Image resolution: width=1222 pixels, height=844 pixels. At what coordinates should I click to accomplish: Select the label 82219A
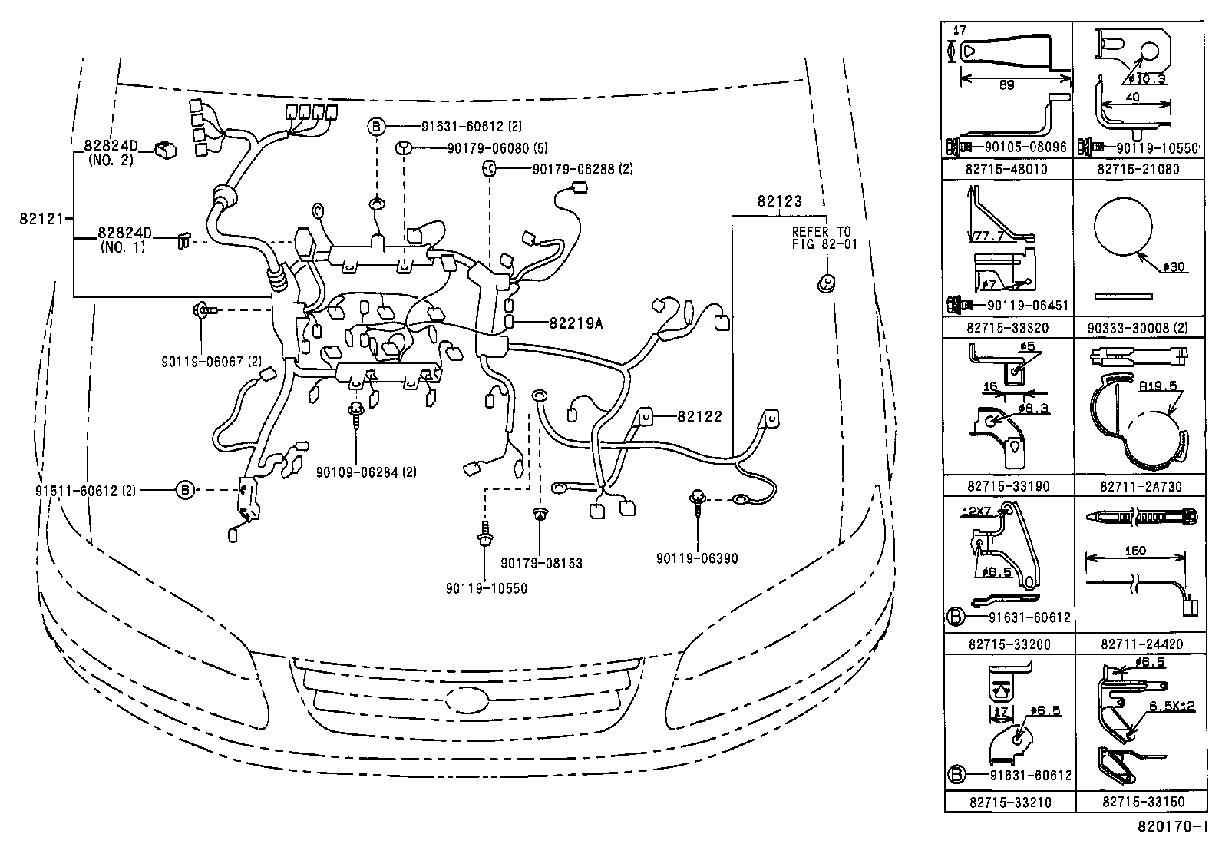pos(575,323)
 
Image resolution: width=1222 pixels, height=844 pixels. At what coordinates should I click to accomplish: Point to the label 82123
pos(779,202)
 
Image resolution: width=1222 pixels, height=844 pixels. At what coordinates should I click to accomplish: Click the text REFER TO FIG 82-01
pos(822,238)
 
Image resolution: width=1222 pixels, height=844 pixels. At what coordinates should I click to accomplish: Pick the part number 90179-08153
pos(541,564)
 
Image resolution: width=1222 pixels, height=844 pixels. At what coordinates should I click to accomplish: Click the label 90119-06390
pos(697,558)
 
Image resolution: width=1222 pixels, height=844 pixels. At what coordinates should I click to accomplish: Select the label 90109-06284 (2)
pos(366,472)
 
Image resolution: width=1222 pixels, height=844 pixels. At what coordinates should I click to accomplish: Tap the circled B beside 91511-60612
pos(185,489)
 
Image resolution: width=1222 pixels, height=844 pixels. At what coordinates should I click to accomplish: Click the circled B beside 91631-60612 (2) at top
pos(376,127)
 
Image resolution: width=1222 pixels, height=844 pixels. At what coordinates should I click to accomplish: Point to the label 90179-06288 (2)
pos(582,168)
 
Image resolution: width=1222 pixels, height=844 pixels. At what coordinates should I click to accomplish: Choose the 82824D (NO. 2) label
pos(111,152)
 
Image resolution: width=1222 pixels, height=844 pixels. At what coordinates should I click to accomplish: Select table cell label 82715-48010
pos(1007,169)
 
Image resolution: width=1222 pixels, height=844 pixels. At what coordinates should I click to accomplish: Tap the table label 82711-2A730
pos(1140,486)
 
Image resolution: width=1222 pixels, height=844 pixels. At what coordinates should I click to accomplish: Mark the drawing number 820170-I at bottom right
pos(1172,828)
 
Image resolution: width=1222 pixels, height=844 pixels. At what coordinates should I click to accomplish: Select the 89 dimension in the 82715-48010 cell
pos(1006,85)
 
